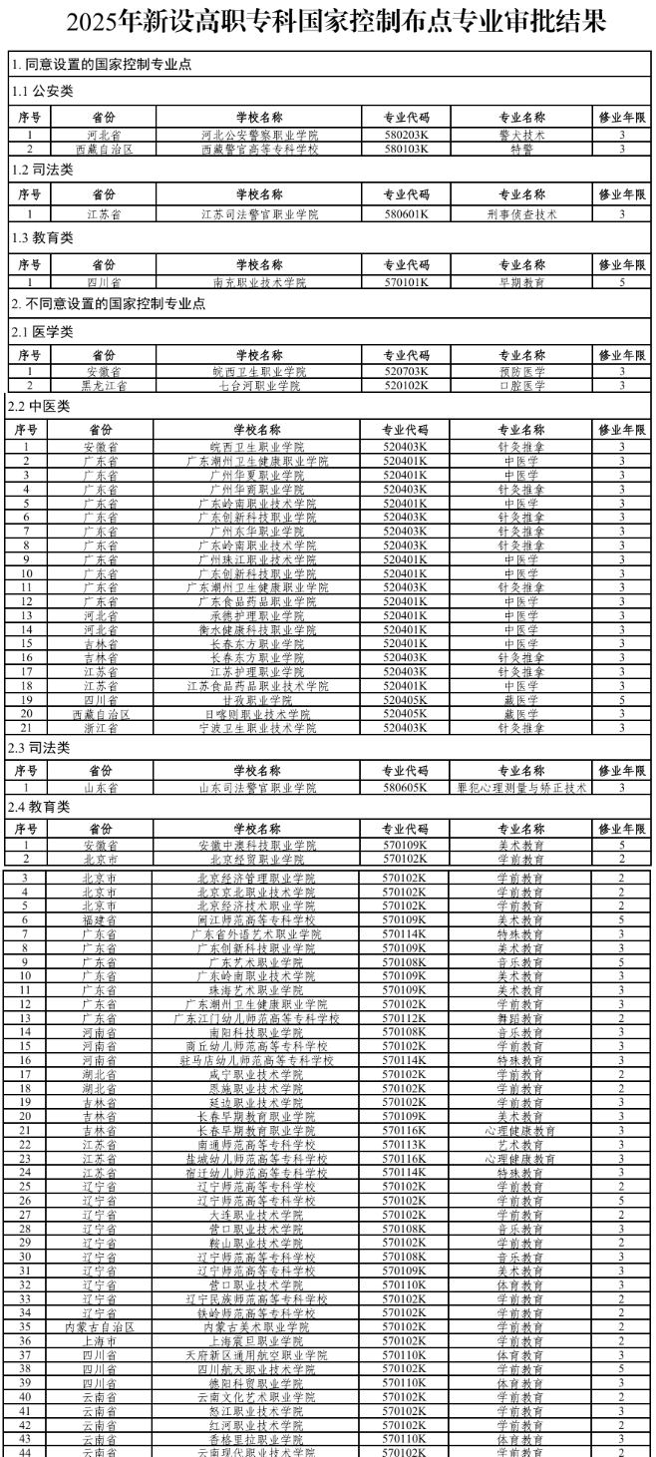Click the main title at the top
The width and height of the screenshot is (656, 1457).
pos(327,22)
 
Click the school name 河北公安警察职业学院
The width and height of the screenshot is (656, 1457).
pos(259,134)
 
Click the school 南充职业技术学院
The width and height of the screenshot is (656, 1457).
pos(259,282)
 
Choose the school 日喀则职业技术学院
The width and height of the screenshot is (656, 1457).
pos(259,714)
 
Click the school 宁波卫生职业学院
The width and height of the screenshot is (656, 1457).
pos(259,727)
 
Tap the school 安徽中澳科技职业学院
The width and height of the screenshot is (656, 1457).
pos(259,845)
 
